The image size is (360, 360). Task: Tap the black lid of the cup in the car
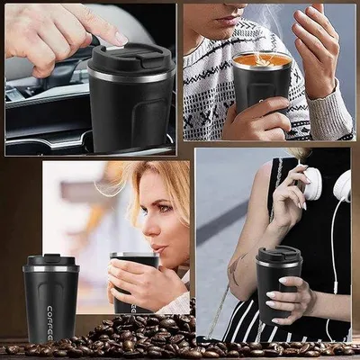coord(131,59)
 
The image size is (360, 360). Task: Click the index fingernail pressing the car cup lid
coord(121,39)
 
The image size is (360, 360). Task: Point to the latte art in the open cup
coord(262,61)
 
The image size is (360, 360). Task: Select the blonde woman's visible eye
coord(162,209)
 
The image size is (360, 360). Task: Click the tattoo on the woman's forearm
coord(236,269)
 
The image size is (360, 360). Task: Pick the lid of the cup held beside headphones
coord(279,255)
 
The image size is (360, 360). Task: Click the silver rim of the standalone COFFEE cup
coord(51,269)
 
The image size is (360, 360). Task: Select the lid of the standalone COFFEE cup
coord(51,260)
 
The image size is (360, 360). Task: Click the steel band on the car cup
coord(131,76)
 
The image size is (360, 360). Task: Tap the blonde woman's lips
coord(158,249)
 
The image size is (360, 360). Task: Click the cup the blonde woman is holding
coord(134,282)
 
